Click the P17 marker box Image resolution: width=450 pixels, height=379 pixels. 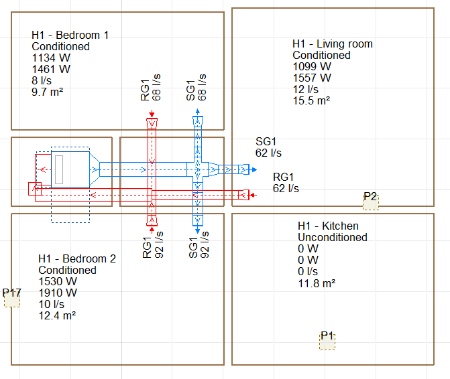[12, 299]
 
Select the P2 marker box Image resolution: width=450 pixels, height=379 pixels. [370, 202]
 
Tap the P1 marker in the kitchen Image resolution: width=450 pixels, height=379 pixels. [327, 341]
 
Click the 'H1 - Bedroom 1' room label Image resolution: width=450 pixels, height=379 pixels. [70, 35]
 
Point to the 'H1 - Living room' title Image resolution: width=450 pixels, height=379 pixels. [332, 44]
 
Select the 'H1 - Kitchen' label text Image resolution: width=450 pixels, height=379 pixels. [328, 226]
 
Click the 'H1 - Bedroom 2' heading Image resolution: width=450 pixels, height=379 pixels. [77, 259]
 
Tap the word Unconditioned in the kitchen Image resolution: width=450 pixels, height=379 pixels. [332, 238]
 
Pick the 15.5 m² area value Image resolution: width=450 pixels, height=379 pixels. [312, 101]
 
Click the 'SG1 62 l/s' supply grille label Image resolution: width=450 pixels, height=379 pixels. [268, 147]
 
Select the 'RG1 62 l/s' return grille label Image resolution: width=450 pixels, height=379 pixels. [286, 183]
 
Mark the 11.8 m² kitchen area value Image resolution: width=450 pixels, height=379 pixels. [317, 283]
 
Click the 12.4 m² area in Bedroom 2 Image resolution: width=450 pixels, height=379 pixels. [57, 316]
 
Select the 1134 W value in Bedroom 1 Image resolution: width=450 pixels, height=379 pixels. [51, 58]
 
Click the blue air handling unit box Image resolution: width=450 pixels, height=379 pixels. [70, 169]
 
